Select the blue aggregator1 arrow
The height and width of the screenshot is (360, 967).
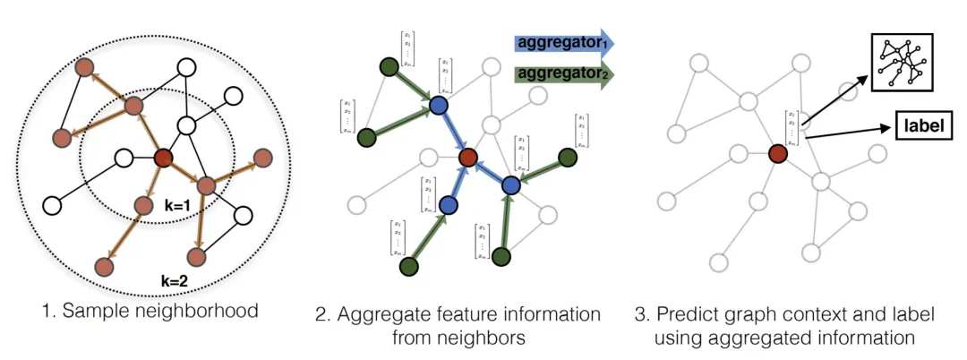563,42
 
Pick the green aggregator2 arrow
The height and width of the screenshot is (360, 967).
563,74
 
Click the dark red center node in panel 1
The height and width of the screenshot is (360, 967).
163,159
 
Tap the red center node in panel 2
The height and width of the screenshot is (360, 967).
467,159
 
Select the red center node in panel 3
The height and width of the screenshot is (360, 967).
778,154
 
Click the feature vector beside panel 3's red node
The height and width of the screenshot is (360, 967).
792,127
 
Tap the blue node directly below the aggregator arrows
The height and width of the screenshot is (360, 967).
438,106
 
